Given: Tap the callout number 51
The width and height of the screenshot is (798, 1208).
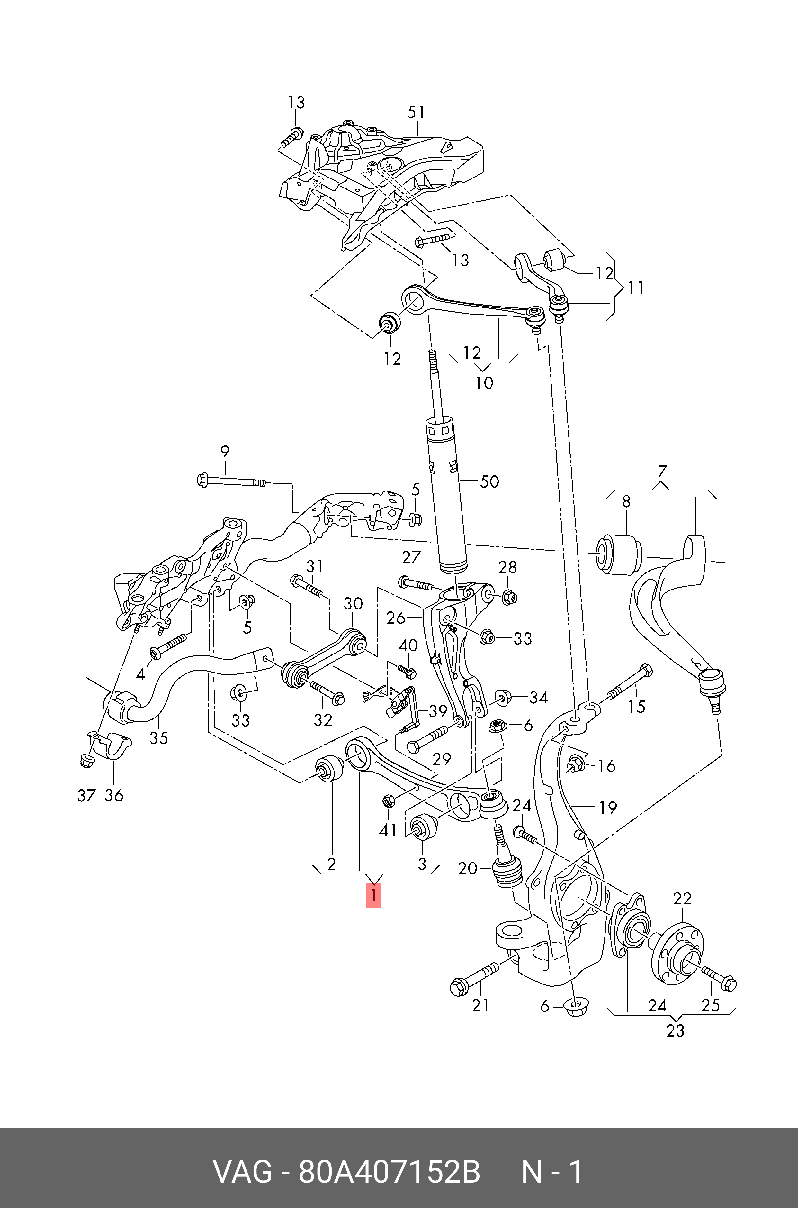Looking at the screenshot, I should (x=416, y=112).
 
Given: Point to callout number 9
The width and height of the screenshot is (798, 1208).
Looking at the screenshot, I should (x=224, y=451).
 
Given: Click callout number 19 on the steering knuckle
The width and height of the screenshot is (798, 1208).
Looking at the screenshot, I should (x=608, y=807).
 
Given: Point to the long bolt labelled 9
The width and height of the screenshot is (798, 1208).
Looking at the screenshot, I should (x=232, y=481).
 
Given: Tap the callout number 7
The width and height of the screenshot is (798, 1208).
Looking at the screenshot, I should (x=661, y=471).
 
